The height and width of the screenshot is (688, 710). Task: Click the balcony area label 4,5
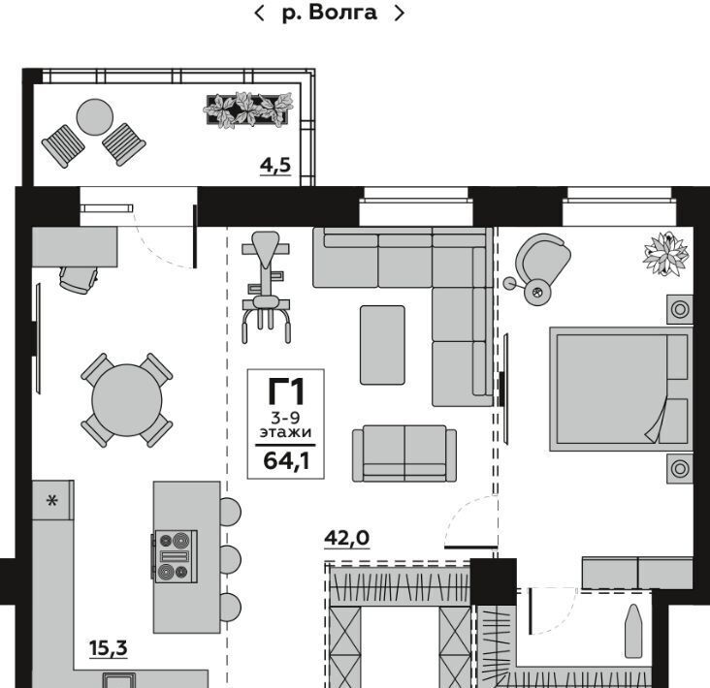(x=275, y=166)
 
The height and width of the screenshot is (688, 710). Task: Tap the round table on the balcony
(x=95, y=117)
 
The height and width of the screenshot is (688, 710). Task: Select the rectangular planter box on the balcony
(x=247, y=109)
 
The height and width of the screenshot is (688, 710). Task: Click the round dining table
(x=127, y=400)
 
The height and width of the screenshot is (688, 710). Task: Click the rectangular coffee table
(x=382, y=345)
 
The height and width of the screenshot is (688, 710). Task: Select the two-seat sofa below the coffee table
(x=404, y=453)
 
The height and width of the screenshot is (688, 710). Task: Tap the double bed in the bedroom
(x=621, y=389)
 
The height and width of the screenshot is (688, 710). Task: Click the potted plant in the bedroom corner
(x=666, y=253)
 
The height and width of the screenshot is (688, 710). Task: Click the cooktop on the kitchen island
(x=176, y=556)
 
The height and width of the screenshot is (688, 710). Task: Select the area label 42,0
(x=347, y=538)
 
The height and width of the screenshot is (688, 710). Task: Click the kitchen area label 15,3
(x=109, y=648)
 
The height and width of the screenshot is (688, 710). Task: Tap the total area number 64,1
(x=287, y=461)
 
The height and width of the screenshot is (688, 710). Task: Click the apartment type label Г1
(x=286, y=391)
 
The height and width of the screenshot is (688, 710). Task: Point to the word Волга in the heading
(x=342, y=13)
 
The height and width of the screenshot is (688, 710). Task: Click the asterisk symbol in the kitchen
(x=52, y=501)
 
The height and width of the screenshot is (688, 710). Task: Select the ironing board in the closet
(x=633, y=631)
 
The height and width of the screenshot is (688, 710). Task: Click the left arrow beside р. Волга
(x=259, y=13)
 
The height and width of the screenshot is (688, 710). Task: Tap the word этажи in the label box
(x=285, y=432)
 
